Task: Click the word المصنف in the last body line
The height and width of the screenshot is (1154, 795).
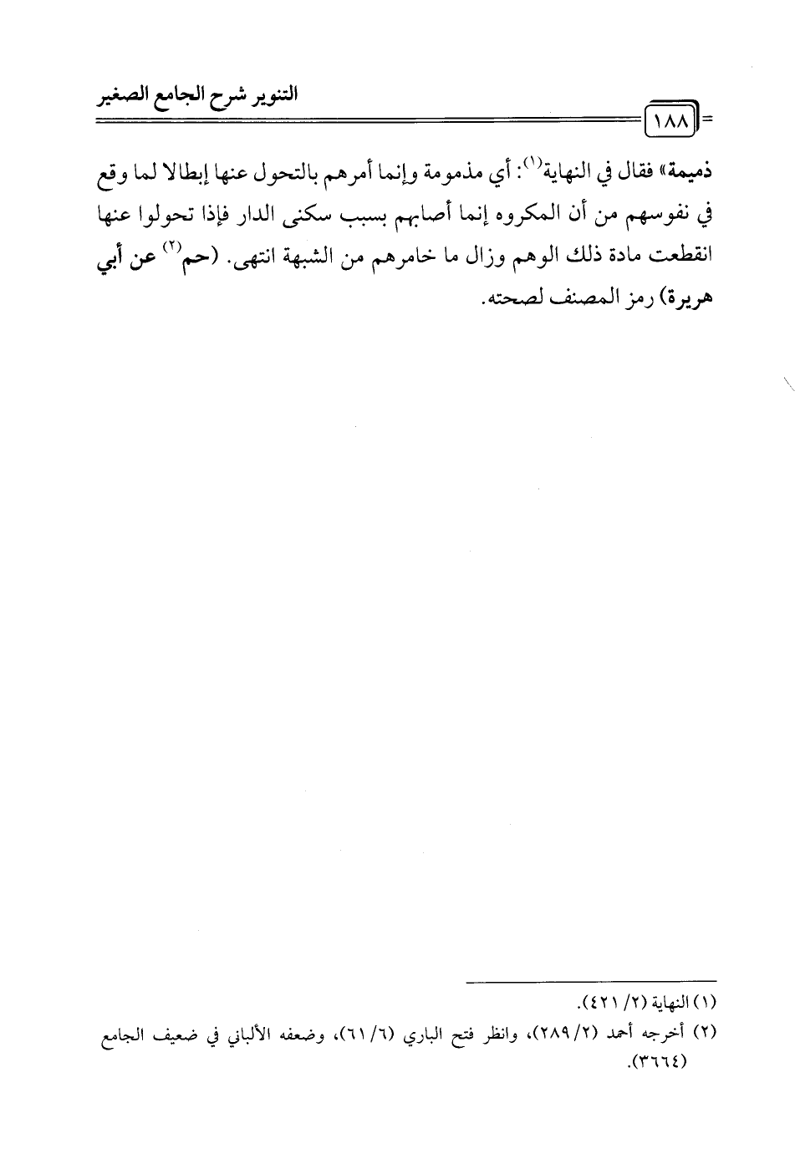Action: coord(564,300)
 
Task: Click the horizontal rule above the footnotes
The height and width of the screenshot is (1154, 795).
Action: coord(591,981)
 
